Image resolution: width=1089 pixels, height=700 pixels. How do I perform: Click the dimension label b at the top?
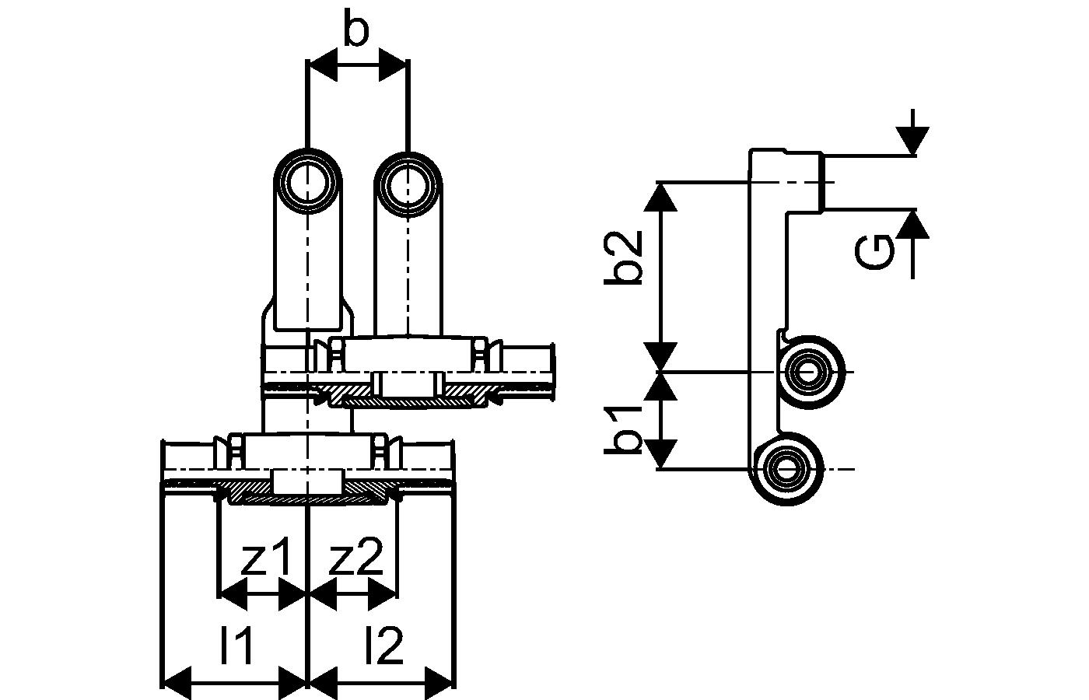[356, 27]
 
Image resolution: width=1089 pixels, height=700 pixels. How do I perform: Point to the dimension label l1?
[236, 645]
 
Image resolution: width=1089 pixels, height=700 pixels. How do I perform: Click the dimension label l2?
[384, 645]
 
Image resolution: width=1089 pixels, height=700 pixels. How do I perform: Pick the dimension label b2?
[623, 257]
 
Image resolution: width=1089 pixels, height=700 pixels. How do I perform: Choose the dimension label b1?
[623, 429]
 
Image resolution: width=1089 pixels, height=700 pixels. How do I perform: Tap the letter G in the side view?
[874, 252]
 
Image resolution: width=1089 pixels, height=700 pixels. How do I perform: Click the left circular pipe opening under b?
[308, 182]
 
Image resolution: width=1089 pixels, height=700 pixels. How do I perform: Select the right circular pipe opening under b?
[408, 185]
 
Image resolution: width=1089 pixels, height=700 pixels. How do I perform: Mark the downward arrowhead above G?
[912, 141]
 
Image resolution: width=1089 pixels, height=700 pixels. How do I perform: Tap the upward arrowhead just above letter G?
[912, 225]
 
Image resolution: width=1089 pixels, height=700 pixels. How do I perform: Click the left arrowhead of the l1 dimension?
[175, 684]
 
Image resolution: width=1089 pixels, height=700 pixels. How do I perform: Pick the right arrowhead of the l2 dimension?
[440, 684]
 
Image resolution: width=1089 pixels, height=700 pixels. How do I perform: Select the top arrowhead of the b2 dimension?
[660, 197]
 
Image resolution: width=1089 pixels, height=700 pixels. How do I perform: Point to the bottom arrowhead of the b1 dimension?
[660, 454]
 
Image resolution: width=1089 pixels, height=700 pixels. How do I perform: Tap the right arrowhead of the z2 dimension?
[383, 594]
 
